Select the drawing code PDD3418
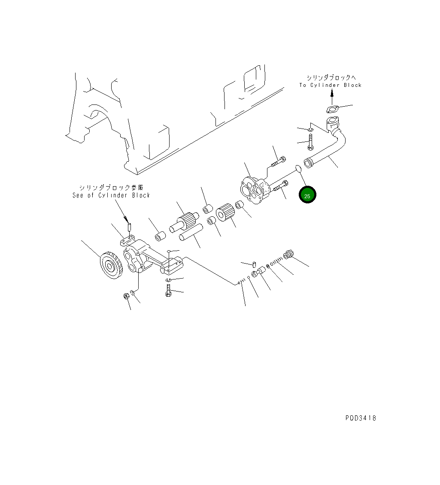tap(361, 418)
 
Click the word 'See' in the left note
tap(79, 195)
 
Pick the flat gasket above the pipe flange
tap(333, 109)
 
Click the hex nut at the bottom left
tap(126, 296)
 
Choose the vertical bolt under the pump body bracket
tap(168, 289)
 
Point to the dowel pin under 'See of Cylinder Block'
tap(129, 225)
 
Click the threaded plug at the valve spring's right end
tap(288, 255)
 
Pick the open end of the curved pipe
tap(308, 163)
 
